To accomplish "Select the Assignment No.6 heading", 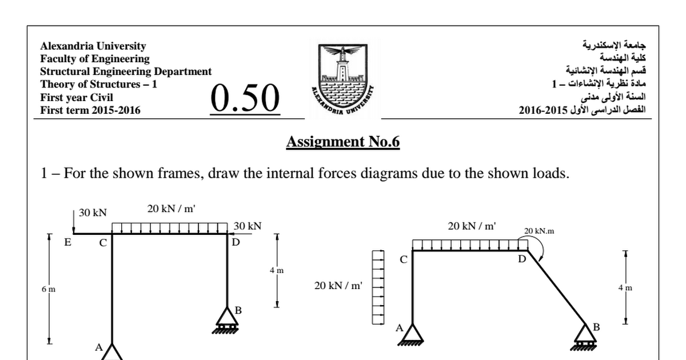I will [342, 142].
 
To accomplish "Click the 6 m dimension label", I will [49, 289].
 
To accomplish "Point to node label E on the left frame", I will [67, 242].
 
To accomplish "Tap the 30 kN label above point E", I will [93, 213].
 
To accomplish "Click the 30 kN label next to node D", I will [247, 226].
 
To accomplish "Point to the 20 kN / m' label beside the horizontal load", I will [338, 285].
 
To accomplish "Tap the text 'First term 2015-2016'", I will [90, 110].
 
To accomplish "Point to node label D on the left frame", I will [236, 242].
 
